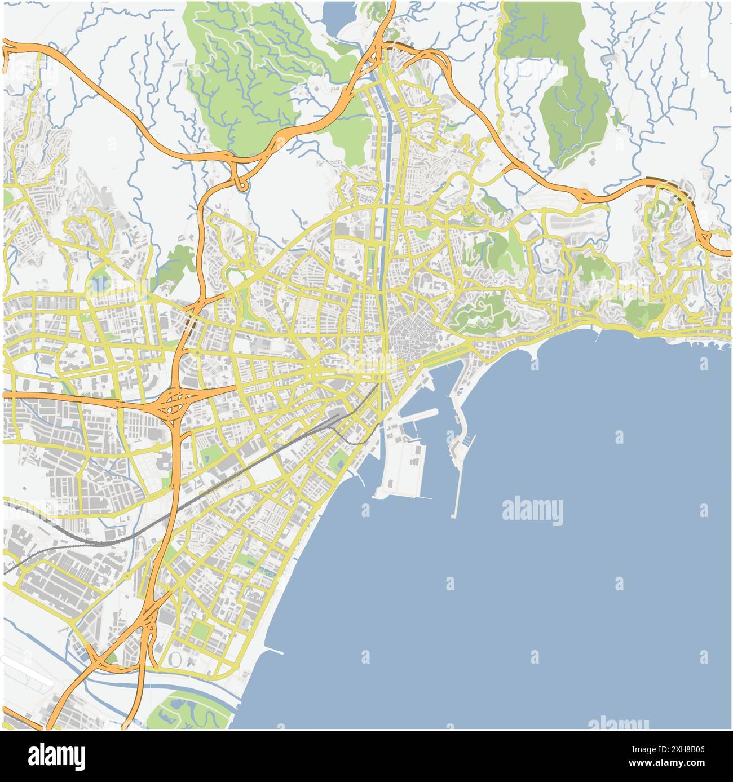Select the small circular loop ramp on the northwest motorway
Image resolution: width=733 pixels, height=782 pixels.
click(x=242, y=184)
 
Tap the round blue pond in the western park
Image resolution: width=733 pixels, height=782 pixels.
click(x=99, y=283)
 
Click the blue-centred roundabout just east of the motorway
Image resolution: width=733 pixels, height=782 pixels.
click(x=198, y=354)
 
